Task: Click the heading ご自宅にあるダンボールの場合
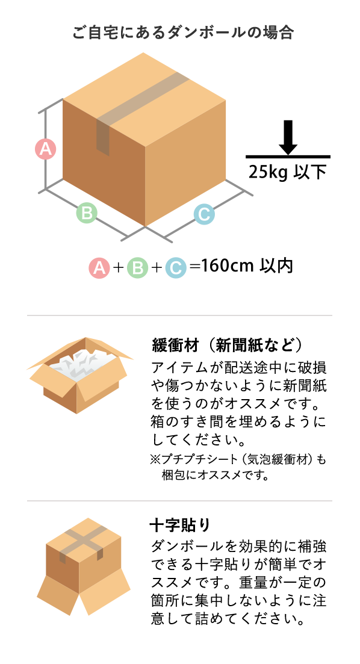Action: click(x=183, y=33)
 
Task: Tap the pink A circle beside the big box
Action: click(x=45, y=149)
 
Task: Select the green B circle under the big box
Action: click(x=87, y=213)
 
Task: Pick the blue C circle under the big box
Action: click(x=204, y=214)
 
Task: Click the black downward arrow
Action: click(x=288, y=137)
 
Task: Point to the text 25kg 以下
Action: click(x=288, y=172)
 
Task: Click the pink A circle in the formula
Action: click(x=99, y=268)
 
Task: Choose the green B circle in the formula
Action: click(x=137, y=268)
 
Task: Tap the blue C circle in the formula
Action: click(x=175, y=268)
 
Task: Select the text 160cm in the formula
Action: click(x=227, y=266)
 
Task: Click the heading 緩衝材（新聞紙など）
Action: click(x=228, y=345)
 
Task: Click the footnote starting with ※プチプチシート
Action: click(x=238, y=467)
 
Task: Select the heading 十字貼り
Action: click(x=179, y=525)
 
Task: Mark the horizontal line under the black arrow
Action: click(x=288, y=157)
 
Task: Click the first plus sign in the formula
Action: click(x=118, y=268)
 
